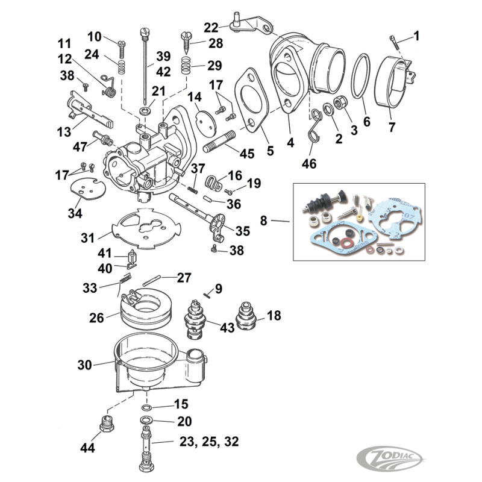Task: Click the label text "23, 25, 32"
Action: [209, 442]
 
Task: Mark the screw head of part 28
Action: [186, 37]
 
